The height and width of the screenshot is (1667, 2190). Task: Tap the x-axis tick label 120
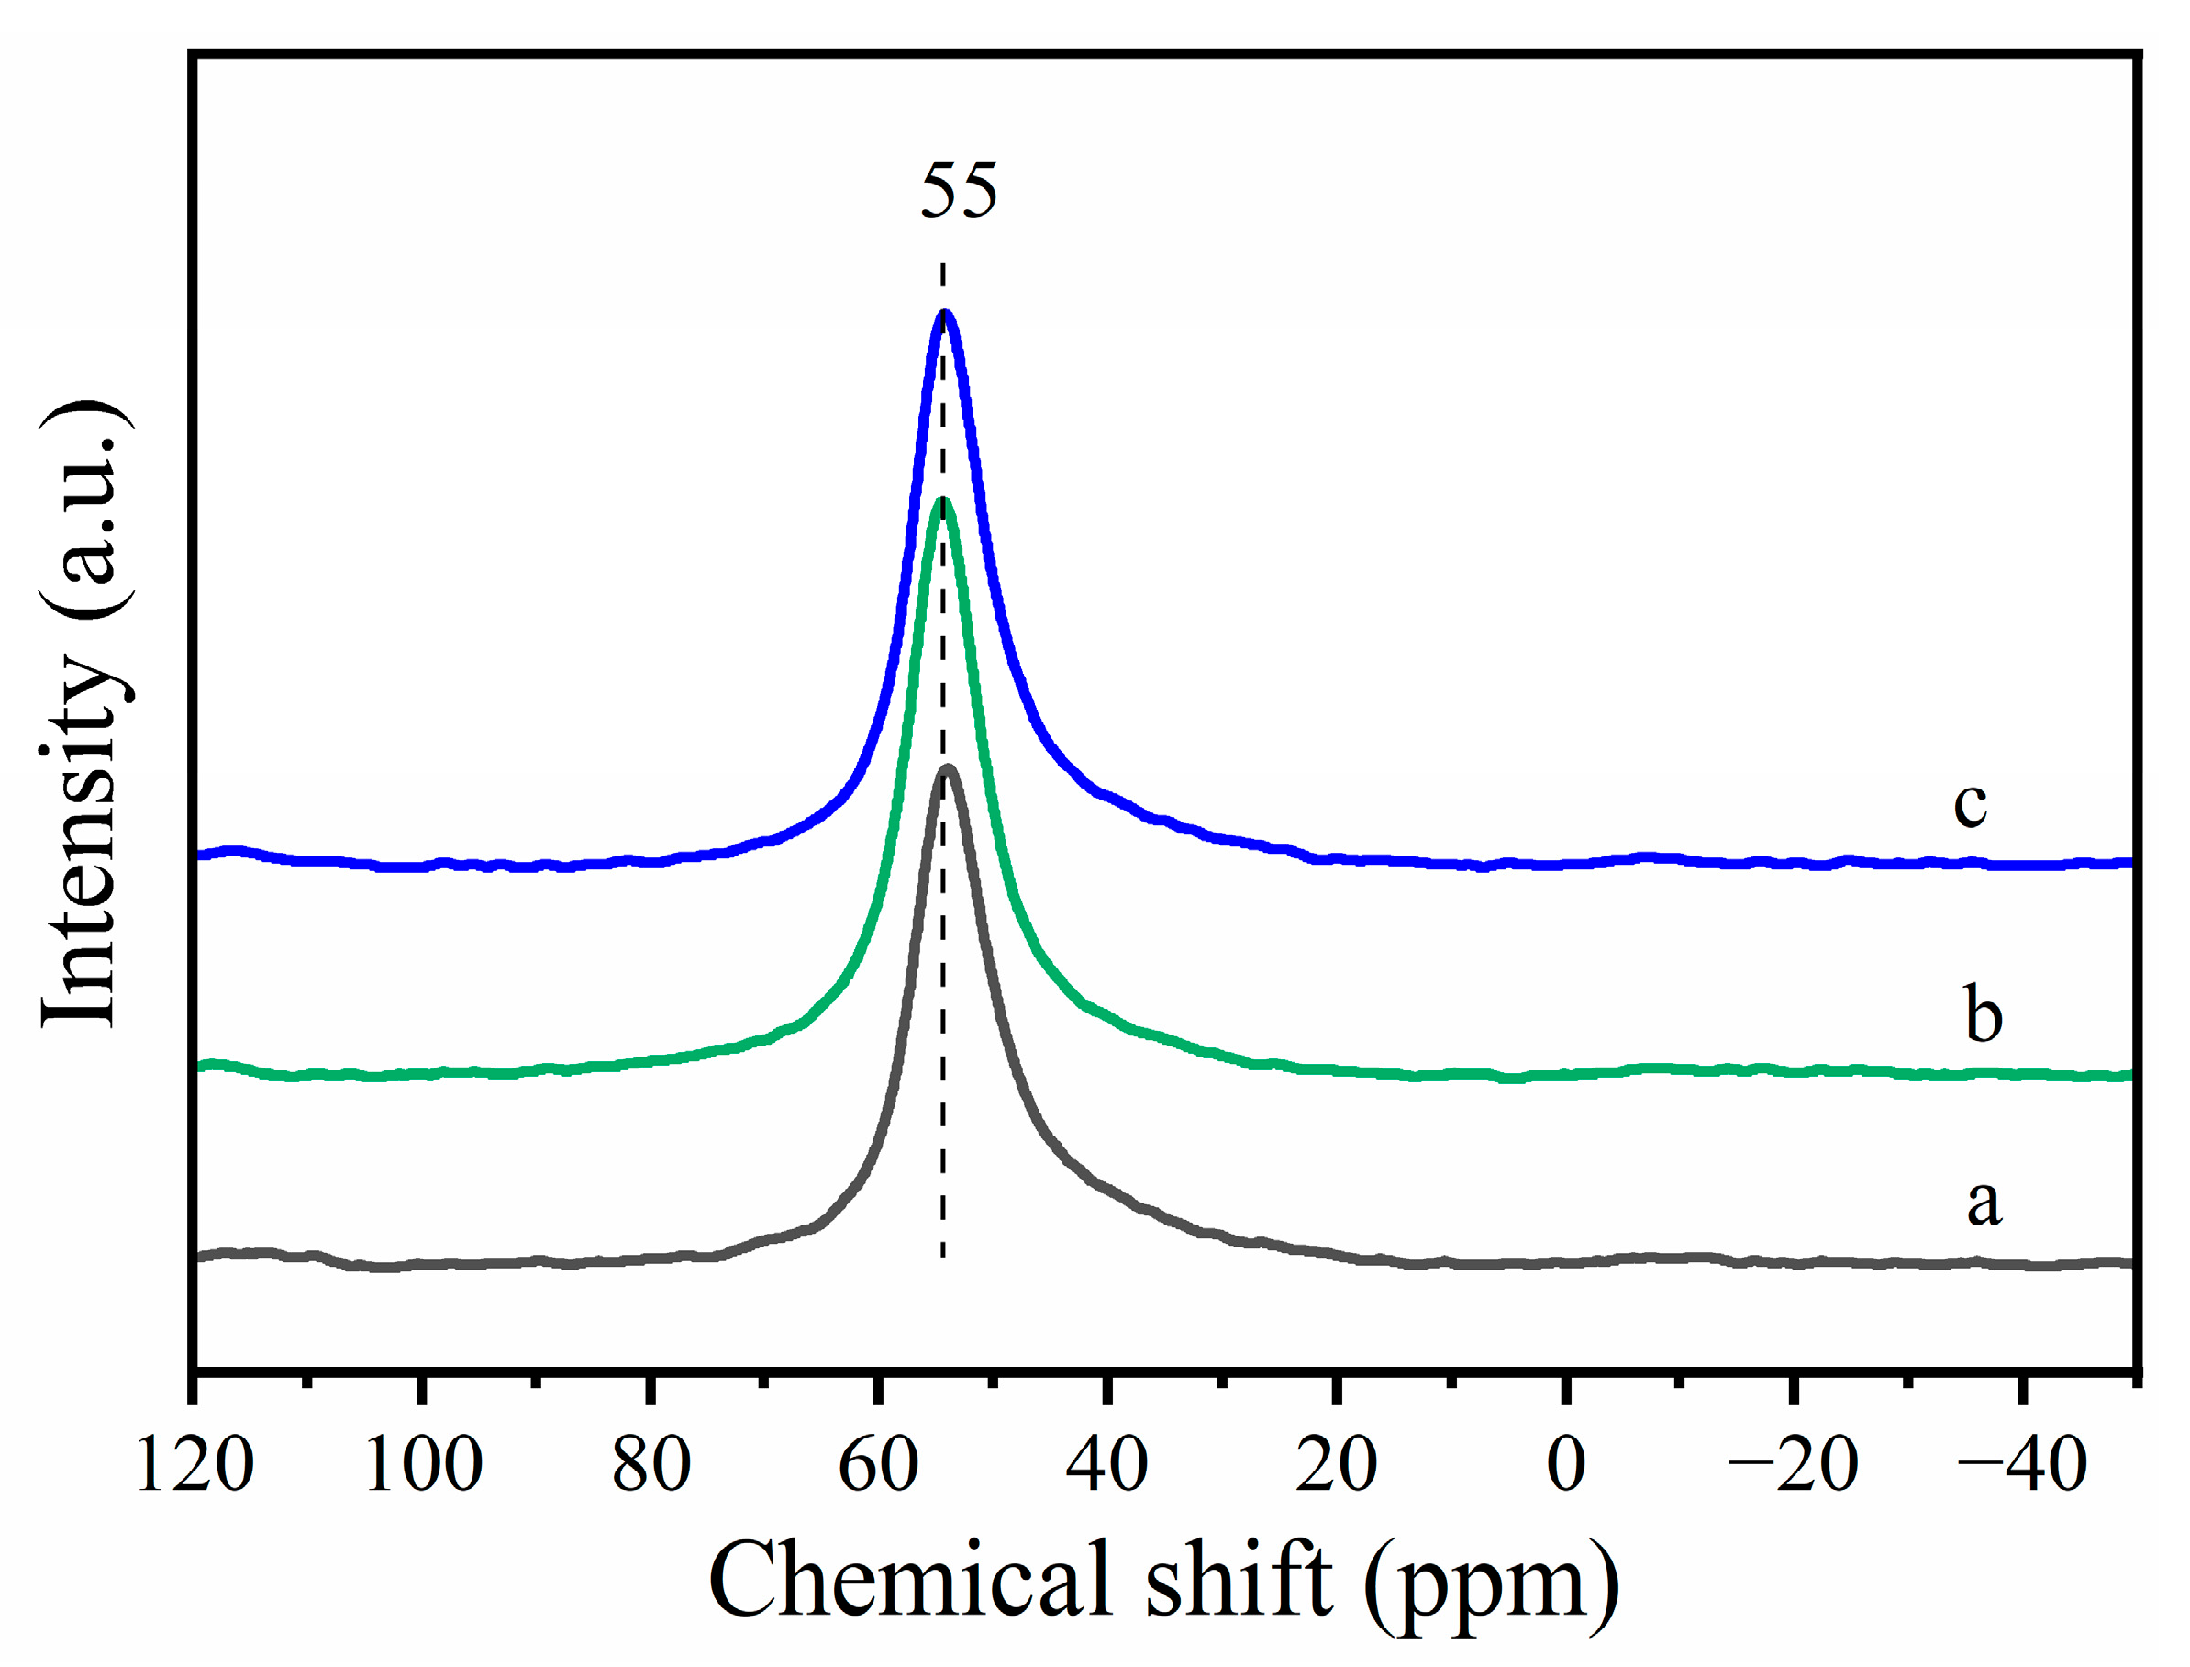tap(194, 1464)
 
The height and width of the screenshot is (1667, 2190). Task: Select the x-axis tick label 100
tap(423, 1464)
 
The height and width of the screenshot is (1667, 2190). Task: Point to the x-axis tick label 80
tap(650, 1464)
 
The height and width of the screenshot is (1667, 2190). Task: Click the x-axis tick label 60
tap(878, 1464)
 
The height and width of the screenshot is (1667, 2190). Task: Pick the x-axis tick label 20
tap(1335, 1464)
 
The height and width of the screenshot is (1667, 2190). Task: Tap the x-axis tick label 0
tap(1566, 1464)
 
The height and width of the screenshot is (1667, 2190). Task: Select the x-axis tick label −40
tap(2021, 1464)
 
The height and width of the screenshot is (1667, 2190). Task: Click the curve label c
tap(1970, 804)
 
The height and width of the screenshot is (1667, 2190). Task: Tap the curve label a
tap(1984, 1203)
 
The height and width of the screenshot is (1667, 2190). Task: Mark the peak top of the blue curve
tap(945, 314)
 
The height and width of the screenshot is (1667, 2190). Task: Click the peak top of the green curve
tap(943, 501)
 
